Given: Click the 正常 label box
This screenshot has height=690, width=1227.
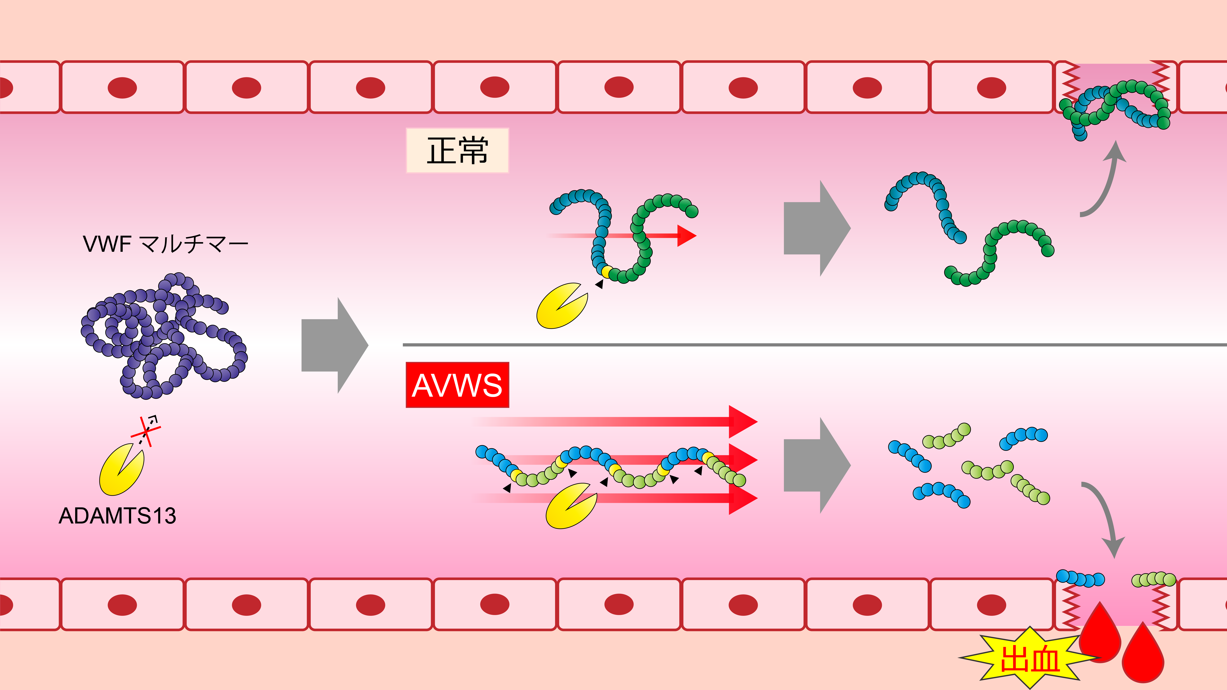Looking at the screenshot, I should (x=457, y=150).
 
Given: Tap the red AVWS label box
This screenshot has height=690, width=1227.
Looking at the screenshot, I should (x=457, y=385).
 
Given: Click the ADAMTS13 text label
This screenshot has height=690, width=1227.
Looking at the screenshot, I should (x=117, y=516).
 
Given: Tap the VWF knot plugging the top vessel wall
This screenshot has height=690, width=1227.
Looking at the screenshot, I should (x=1115, y=107).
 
